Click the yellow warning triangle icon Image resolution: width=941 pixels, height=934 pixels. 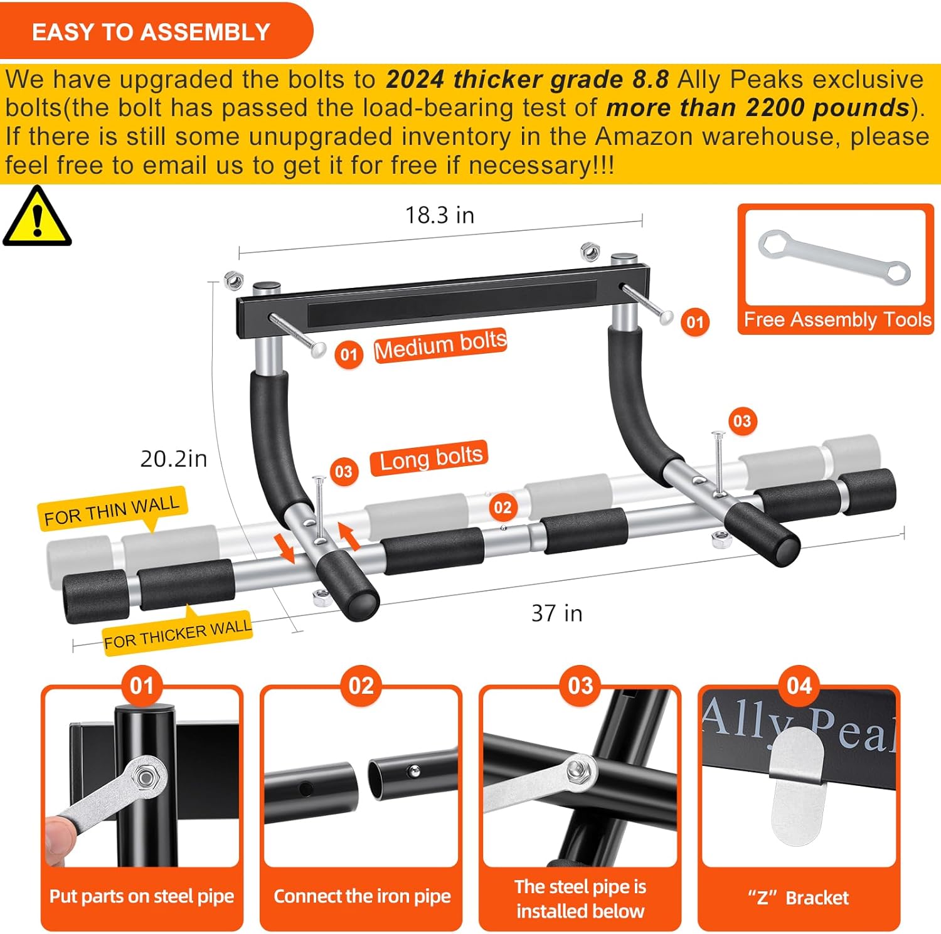click(x=37, y=218)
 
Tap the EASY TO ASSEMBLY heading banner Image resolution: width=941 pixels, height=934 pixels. click(x=151, y=31)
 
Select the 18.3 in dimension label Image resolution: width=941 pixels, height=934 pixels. click(x=439, y=215)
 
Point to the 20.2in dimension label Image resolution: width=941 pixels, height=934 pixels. click(x=173, y=459)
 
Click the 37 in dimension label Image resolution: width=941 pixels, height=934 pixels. click(x=556, y=613)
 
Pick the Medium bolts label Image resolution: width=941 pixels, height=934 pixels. click(x=440, y=346)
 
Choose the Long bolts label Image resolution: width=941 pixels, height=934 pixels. click(x=430, y=458)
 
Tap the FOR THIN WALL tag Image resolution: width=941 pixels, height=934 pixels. click(x=112, y=509)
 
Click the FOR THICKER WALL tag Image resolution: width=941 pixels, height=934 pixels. click(x=178, y=634)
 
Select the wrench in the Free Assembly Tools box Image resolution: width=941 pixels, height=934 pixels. click(x=834, y=258)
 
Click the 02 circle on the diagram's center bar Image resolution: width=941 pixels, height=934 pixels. click(x=502, y=507)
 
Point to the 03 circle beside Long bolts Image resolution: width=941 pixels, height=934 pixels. click(x=343, y=471)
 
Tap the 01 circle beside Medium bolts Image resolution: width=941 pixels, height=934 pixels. click(x=348, y=354)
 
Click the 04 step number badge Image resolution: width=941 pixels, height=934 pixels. click(x=799, y=686)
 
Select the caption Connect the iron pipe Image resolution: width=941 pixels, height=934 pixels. click(x=362, y=896)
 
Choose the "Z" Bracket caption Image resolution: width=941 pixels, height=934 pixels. click(x=798, y=898)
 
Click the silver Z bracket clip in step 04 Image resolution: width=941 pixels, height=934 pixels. click(x=797, y=784)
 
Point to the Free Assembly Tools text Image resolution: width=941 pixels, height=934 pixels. click(x=837, y=320)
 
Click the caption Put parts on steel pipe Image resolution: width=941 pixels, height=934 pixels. click(x=142, y=896)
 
